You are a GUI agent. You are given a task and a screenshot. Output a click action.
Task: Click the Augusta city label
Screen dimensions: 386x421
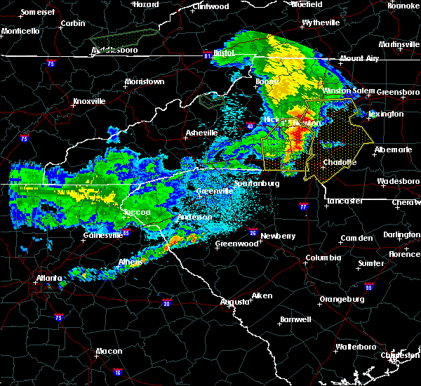tap(235, 302)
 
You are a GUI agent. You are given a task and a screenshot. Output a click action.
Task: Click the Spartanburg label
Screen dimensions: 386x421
tap(256, 183)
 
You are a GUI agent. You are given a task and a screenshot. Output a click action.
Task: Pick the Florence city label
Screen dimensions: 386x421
tap(405, 253)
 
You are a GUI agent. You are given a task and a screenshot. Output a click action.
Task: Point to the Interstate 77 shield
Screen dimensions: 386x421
tap(302, 207)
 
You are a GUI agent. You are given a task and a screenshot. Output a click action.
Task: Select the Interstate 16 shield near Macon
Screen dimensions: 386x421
tap(118, 372)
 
